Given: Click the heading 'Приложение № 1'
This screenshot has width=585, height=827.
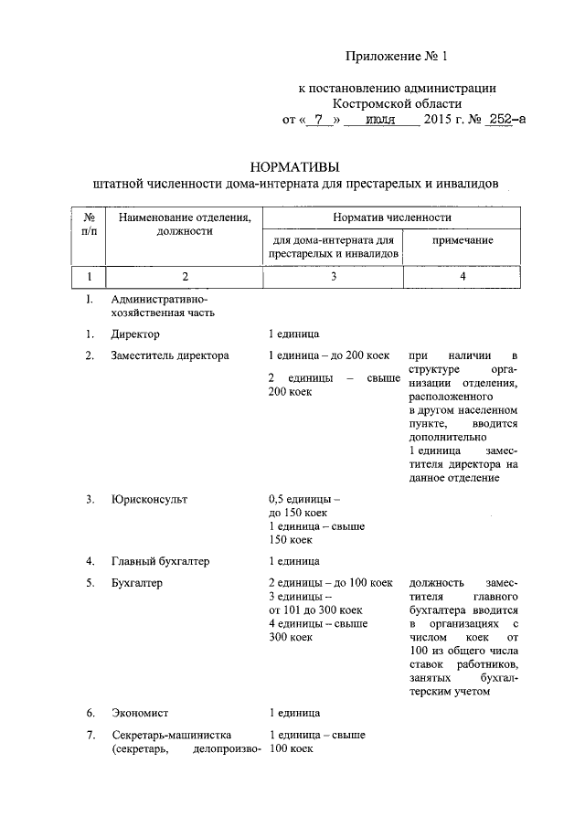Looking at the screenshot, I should pos(398,57).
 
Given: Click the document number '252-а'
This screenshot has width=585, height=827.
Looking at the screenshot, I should pos(506,120).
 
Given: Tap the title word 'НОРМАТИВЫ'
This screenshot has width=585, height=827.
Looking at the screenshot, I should pos(293,166).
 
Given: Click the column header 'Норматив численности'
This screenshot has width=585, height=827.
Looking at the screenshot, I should pos(391,217).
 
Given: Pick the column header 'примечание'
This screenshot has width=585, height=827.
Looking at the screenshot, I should pos(463,239).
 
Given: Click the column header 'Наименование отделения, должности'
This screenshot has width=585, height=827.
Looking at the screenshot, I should pos(184,225).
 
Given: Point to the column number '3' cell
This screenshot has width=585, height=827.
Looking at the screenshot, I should pos(333,276).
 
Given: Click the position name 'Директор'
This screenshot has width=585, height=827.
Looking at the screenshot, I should pos(135,334).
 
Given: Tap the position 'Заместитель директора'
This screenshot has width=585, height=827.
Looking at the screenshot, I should pos(170,355).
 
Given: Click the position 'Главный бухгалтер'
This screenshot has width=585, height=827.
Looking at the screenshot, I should pos(160,560).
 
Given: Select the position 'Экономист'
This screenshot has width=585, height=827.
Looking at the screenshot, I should pos(139,711).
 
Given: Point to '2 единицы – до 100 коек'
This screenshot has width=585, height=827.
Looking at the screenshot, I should pos(330,582).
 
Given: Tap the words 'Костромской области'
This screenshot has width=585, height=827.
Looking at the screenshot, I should pos(398,104).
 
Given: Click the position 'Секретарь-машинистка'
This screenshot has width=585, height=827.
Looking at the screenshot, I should pos(172,735).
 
